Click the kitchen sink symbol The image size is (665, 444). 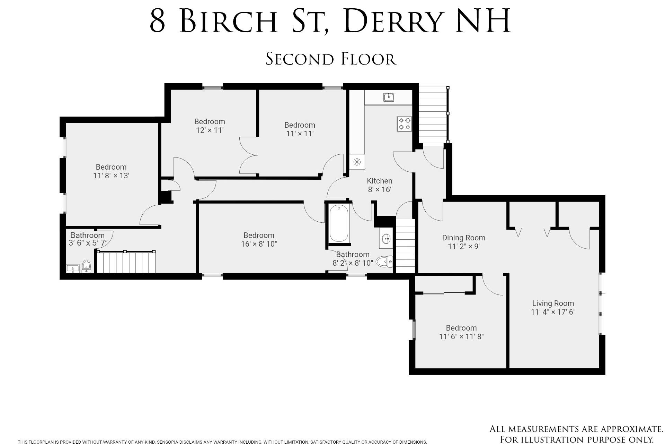[x=389, y=97]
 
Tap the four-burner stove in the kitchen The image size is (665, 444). [x=404, y=124]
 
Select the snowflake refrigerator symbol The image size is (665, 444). [x=357, y=162]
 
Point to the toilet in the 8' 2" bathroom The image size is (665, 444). [x=384, y=262]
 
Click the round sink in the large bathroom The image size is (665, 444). [x=386, y=239]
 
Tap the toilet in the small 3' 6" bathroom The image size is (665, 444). [x=86, y=266]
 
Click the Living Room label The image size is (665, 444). [x=553, y=303]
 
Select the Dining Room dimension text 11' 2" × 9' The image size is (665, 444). [x=463, y=247]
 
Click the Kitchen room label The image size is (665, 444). [x=379, y=181]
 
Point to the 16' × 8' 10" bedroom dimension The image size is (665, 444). [x=259, y=244]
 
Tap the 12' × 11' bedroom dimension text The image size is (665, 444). [x=210, y=130]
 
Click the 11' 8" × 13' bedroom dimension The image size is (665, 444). [x=111, y=176]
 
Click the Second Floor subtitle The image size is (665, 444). [x=331, y=59]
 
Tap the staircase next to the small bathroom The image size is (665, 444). [x=126, y=262]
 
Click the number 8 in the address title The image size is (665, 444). [x=158, y=22]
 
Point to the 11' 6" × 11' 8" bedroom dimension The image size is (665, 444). [x=461, y=336]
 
